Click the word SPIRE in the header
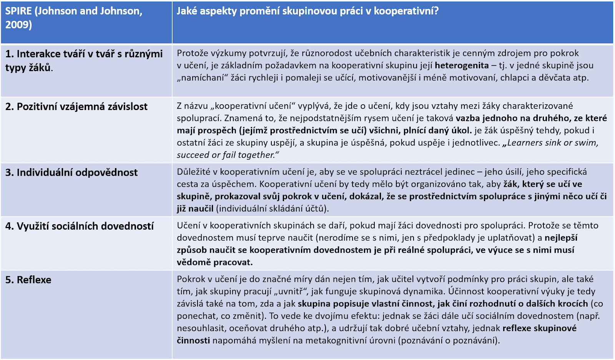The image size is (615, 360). point(18,11)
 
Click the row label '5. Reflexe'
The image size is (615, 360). point(28,280)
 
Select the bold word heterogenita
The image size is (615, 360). point(462,65)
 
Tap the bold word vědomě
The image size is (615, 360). point(194,262)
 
